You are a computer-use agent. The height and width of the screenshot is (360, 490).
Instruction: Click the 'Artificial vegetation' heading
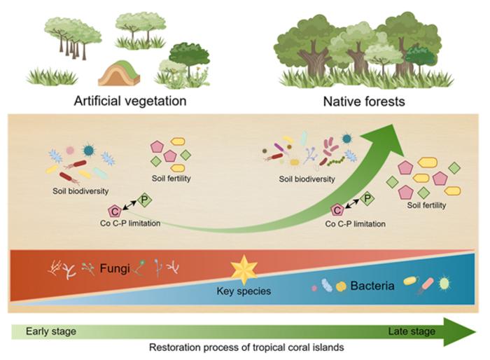click(130, 101)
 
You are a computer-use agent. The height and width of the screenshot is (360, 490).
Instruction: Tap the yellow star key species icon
click(244, 268)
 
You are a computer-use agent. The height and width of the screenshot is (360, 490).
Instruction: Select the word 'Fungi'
click(114, 267)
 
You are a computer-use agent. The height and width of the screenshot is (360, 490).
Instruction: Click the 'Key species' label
click(245, 290)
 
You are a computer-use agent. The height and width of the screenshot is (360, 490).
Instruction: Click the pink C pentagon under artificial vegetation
click(114, 210)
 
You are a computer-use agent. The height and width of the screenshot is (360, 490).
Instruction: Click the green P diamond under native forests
click(367, 200)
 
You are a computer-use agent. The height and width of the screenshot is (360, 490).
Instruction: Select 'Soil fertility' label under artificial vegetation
click(171, 179)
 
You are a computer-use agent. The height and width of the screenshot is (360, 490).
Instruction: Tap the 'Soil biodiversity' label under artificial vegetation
click(80, 190)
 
